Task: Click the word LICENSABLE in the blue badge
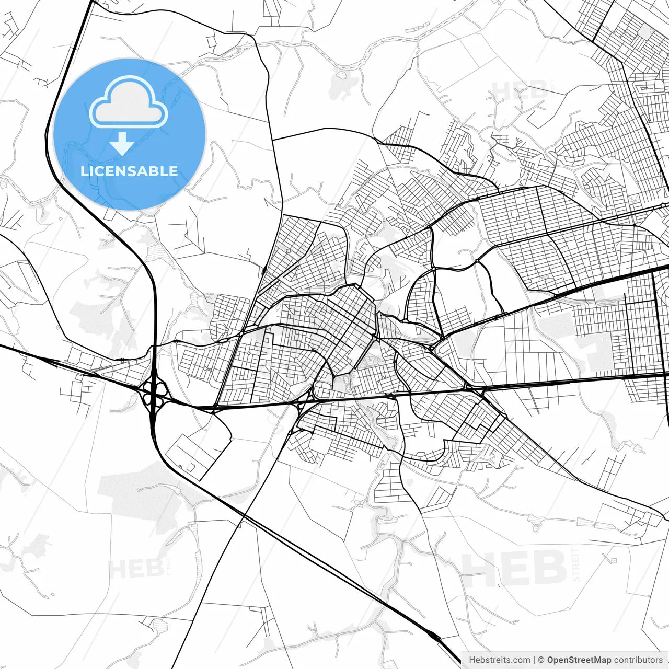coord(129,171)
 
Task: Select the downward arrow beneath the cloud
coord(122,143)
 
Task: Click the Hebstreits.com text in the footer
coord(500,660)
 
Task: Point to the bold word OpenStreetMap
coord(579,660)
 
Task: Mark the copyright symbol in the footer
coord(541,660)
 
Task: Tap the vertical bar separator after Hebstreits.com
coord(534,660)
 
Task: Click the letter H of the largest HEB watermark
coord(481,569)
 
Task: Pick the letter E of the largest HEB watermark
coord(516,569)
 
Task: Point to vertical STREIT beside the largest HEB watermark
coord(576,564)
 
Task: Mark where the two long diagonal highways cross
coord(244,517)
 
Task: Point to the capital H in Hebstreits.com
coord(472,660)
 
